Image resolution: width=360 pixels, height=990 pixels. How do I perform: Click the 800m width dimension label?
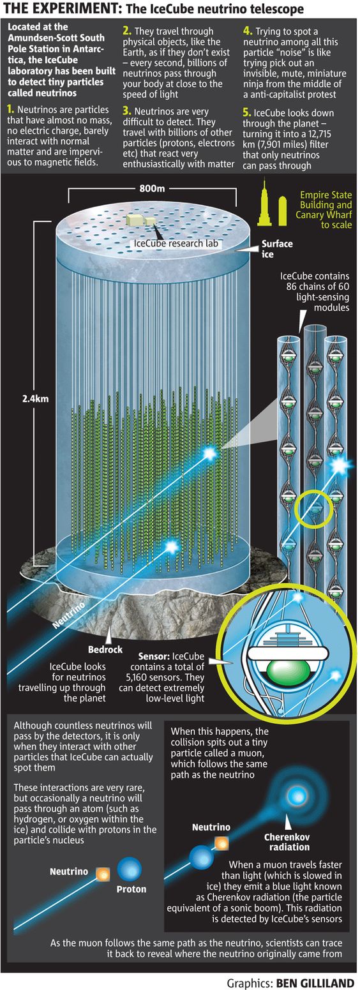(x=152, y=189)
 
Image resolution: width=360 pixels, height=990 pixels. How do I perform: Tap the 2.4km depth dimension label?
(x=35, y=399)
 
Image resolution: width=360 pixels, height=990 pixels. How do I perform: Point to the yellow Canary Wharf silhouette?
(x=282, y=211)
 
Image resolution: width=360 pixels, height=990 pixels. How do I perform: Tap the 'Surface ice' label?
(x=277, y=249)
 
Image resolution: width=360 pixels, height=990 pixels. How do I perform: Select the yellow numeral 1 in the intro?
(x=11, y=109)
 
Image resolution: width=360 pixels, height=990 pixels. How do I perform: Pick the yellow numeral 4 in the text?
(x=248, y=31)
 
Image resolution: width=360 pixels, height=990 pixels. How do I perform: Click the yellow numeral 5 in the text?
(x=246, y=112)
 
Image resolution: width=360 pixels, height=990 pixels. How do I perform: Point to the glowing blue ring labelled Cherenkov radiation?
(x=295, y=797)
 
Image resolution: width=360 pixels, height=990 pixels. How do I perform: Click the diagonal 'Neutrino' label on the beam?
(x=68, y=614)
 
